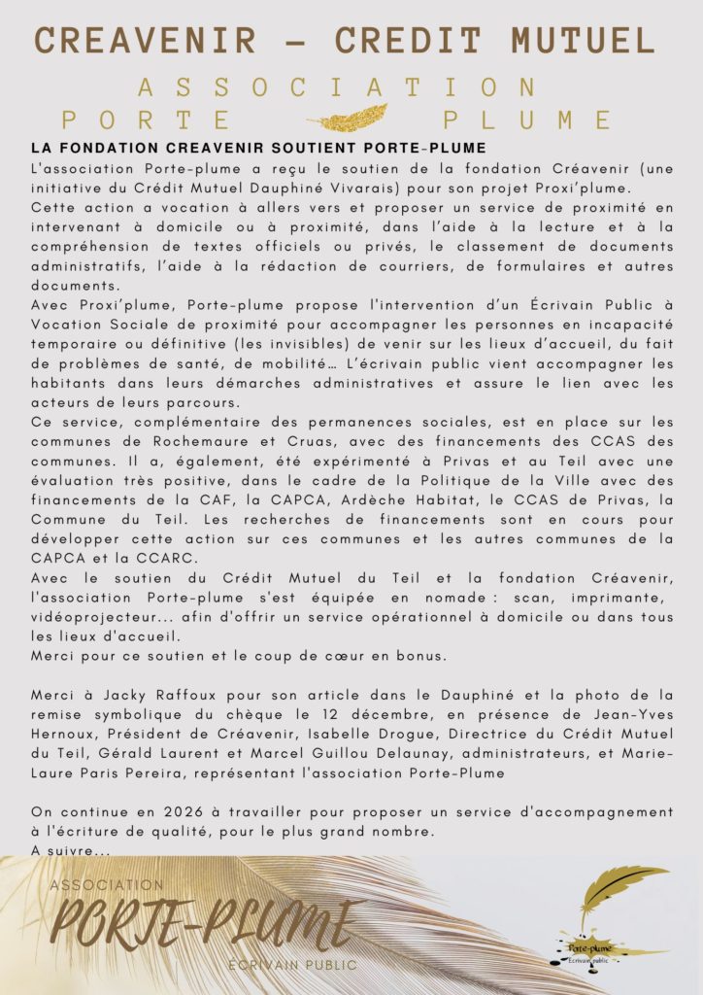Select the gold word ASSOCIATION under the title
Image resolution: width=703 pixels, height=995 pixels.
336,87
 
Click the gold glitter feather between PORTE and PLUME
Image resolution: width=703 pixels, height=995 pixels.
348,120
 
